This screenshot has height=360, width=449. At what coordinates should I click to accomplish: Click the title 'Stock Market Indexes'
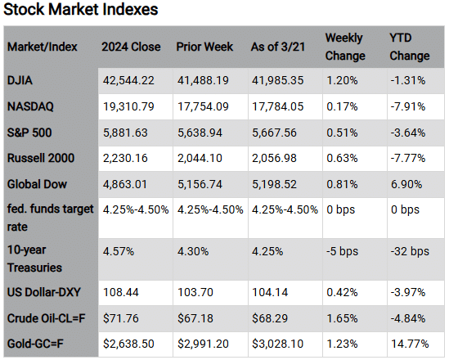[81, 11]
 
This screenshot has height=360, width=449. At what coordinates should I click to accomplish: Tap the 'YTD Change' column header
[409, 47]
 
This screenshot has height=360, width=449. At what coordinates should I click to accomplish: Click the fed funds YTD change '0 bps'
[404, 209]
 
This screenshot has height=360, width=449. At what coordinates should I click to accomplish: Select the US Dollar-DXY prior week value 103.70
[195, 291]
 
